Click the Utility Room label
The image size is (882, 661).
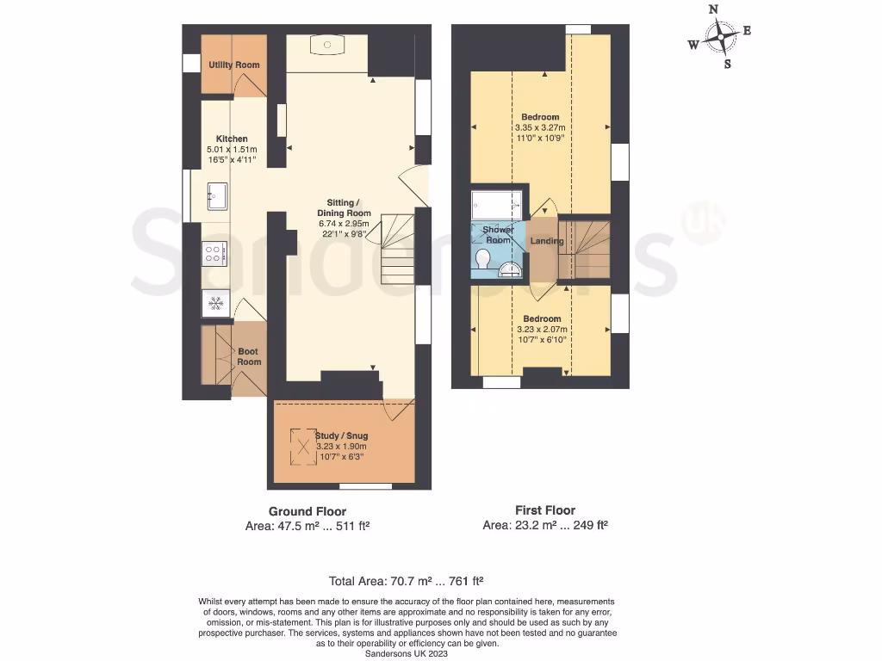233,65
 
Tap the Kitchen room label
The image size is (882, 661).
232,139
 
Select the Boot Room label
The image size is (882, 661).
249,356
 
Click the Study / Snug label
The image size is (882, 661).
341,436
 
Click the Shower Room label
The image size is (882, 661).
498,235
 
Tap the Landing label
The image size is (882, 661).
547,241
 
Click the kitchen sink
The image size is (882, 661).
215,195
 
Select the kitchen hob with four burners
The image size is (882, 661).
214,252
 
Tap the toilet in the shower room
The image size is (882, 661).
482,258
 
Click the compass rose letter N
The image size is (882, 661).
713,9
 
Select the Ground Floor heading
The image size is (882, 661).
307,511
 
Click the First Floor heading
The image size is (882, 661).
544,510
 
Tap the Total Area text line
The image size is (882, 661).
411,581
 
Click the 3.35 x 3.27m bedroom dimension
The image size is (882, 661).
541,127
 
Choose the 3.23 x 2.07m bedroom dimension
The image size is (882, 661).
540,329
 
